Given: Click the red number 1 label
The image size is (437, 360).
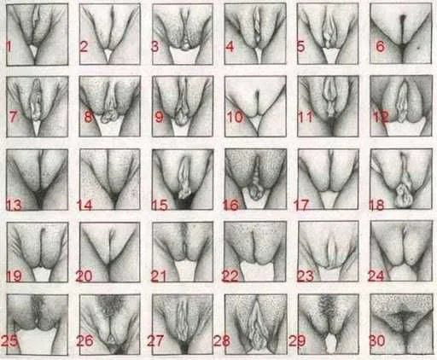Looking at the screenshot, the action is click(9, 47).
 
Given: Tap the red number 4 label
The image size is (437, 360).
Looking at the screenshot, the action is click(230, 47).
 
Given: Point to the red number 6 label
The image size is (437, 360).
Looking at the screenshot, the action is click(381, 46).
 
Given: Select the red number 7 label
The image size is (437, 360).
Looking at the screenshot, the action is click(13, 117).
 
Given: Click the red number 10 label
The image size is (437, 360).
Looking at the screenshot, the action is click(235, 117).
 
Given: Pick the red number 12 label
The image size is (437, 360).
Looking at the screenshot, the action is click(381, 117).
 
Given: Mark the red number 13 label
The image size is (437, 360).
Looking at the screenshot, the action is click(14, 205).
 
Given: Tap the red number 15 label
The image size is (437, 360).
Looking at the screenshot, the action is click(160, 205).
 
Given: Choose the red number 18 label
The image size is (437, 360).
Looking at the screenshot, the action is click(376, 205).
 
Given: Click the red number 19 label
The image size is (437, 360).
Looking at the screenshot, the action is click(14, 276).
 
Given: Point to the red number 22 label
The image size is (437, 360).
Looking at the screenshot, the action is click(230, 276).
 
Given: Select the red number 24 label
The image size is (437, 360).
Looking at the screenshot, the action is click(376, 276).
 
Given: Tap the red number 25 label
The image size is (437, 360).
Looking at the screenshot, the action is click(9, 340).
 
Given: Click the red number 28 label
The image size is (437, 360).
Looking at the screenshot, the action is click(222, 340).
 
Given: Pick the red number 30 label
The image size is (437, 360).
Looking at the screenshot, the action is click(376, 340).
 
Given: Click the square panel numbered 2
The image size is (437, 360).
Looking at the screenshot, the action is click(110, 34).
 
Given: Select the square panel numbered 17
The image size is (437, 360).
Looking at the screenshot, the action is click(328, 180).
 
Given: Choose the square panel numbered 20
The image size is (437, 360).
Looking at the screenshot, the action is click(110, 253).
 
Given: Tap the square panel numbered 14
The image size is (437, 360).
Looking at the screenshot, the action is click(110, 180).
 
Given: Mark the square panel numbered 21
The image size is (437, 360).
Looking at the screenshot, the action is click(183, 253).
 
